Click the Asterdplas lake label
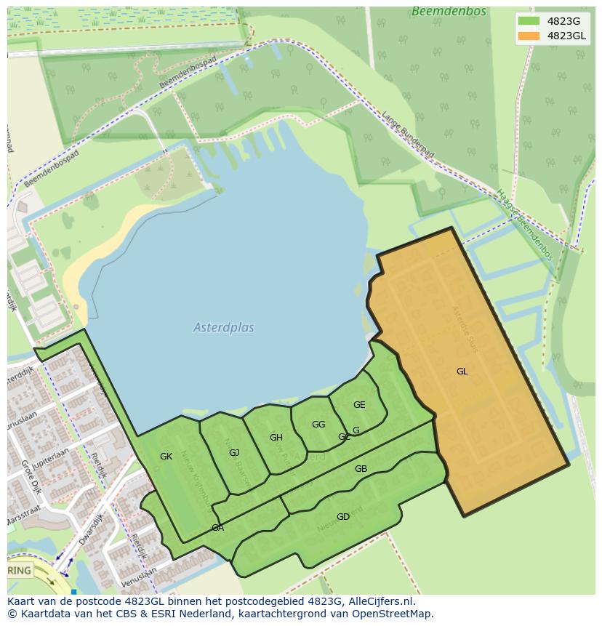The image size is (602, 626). (224, 328)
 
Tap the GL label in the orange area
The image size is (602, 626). (462, 372)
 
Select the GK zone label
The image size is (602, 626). (166, 457)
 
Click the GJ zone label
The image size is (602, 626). (234, 453)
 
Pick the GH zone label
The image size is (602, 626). (276, 438)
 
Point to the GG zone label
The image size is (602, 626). (318, 425)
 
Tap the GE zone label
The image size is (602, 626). (359, 405)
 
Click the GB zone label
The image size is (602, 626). (361, 469)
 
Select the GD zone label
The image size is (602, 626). (343, 517)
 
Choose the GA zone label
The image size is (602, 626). (217, 528)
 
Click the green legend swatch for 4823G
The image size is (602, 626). (529, 21)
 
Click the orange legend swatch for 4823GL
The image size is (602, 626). (529, 36)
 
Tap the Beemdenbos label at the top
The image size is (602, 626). (438, 12)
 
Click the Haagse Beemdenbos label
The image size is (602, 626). (524, 225)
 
